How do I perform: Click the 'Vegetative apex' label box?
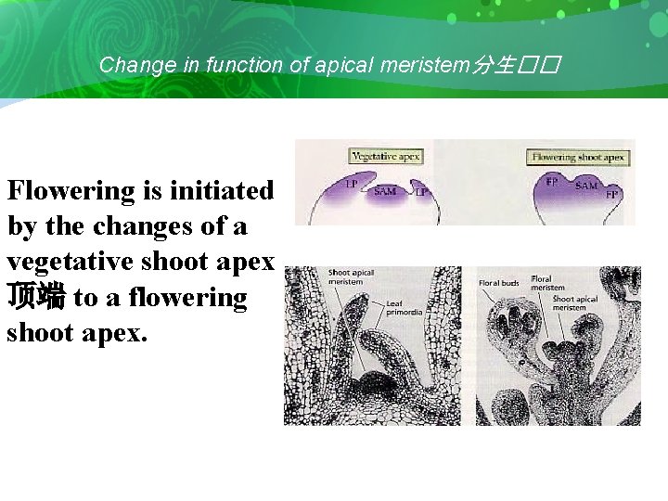[x=385, y=156]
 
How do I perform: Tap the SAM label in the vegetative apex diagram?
[x=385, y=192]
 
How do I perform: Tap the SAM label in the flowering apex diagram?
[x=586, y=186]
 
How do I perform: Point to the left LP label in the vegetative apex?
[x=352, y=185]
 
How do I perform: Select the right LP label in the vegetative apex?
[x=421, y=192]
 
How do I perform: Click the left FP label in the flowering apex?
[x=552, y=182]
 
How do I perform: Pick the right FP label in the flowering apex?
[x=612, y=194]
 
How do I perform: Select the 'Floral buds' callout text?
[x=499, y=283]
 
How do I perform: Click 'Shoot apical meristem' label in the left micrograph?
[x=351, y=277]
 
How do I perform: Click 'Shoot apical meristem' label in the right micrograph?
[x=575, y=303]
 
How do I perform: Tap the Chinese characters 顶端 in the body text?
[x=35, y=297]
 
